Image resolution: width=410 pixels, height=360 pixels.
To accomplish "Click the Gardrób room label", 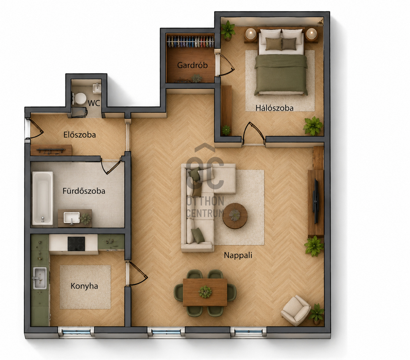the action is tap(192, 65).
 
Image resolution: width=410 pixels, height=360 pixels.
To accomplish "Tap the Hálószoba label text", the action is tap(274, 108).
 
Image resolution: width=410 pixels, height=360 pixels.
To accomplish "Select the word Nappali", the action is tap(238, 256).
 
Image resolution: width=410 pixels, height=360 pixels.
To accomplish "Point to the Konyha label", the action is tap(84, 286).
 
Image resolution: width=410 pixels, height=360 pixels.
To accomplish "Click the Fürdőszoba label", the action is tap(84, 191).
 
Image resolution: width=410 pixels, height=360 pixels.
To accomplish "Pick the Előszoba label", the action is tap(80, 135).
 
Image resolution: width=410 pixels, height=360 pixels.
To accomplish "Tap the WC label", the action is tap(94, 103).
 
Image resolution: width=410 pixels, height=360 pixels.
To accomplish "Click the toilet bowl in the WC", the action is tap(80, 99).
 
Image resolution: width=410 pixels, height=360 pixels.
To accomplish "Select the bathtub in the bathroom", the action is tap(43, 198).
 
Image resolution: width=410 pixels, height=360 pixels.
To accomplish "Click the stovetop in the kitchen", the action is tap(76, 244).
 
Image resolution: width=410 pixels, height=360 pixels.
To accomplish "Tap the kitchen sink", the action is tap(40, 278).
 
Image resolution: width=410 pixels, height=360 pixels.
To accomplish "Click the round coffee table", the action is tap(235, 216).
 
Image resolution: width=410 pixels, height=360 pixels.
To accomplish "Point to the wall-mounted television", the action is tap(316, 201).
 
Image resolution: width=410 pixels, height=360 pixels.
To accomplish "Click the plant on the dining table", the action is tap(205, 292).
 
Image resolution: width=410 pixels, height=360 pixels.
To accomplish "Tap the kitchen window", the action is tap(76, 332).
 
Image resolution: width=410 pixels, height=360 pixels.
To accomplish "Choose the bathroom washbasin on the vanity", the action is tap(72, 218).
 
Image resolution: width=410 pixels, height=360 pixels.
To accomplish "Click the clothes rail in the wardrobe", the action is tap(190, 42).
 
